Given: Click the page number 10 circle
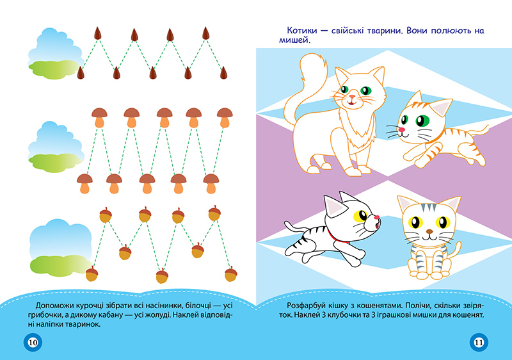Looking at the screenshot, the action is point(33,342).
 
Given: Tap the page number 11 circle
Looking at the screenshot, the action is point(479,342).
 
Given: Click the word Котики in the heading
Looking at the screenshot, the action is point(302,31).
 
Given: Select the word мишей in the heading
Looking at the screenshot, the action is point(294,40).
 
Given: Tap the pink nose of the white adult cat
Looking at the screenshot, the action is point(351,97).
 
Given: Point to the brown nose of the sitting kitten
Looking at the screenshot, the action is point(429,232).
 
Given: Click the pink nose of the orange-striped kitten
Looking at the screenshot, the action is point(402,129).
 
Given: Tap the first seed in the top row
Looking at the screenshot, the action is point(98,33).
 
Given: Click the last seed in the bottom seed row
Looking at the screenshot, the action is point(223,73).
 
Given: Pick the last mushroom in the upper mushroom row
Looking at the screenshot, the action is point(225,118).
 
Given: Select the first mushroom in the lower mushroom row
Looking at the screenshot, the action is point(84,184).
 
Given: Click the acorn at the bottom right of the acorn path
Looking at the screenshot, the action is point(231,274).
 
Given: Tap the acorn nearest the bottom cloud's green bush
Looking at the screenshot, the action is point(92,274).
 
